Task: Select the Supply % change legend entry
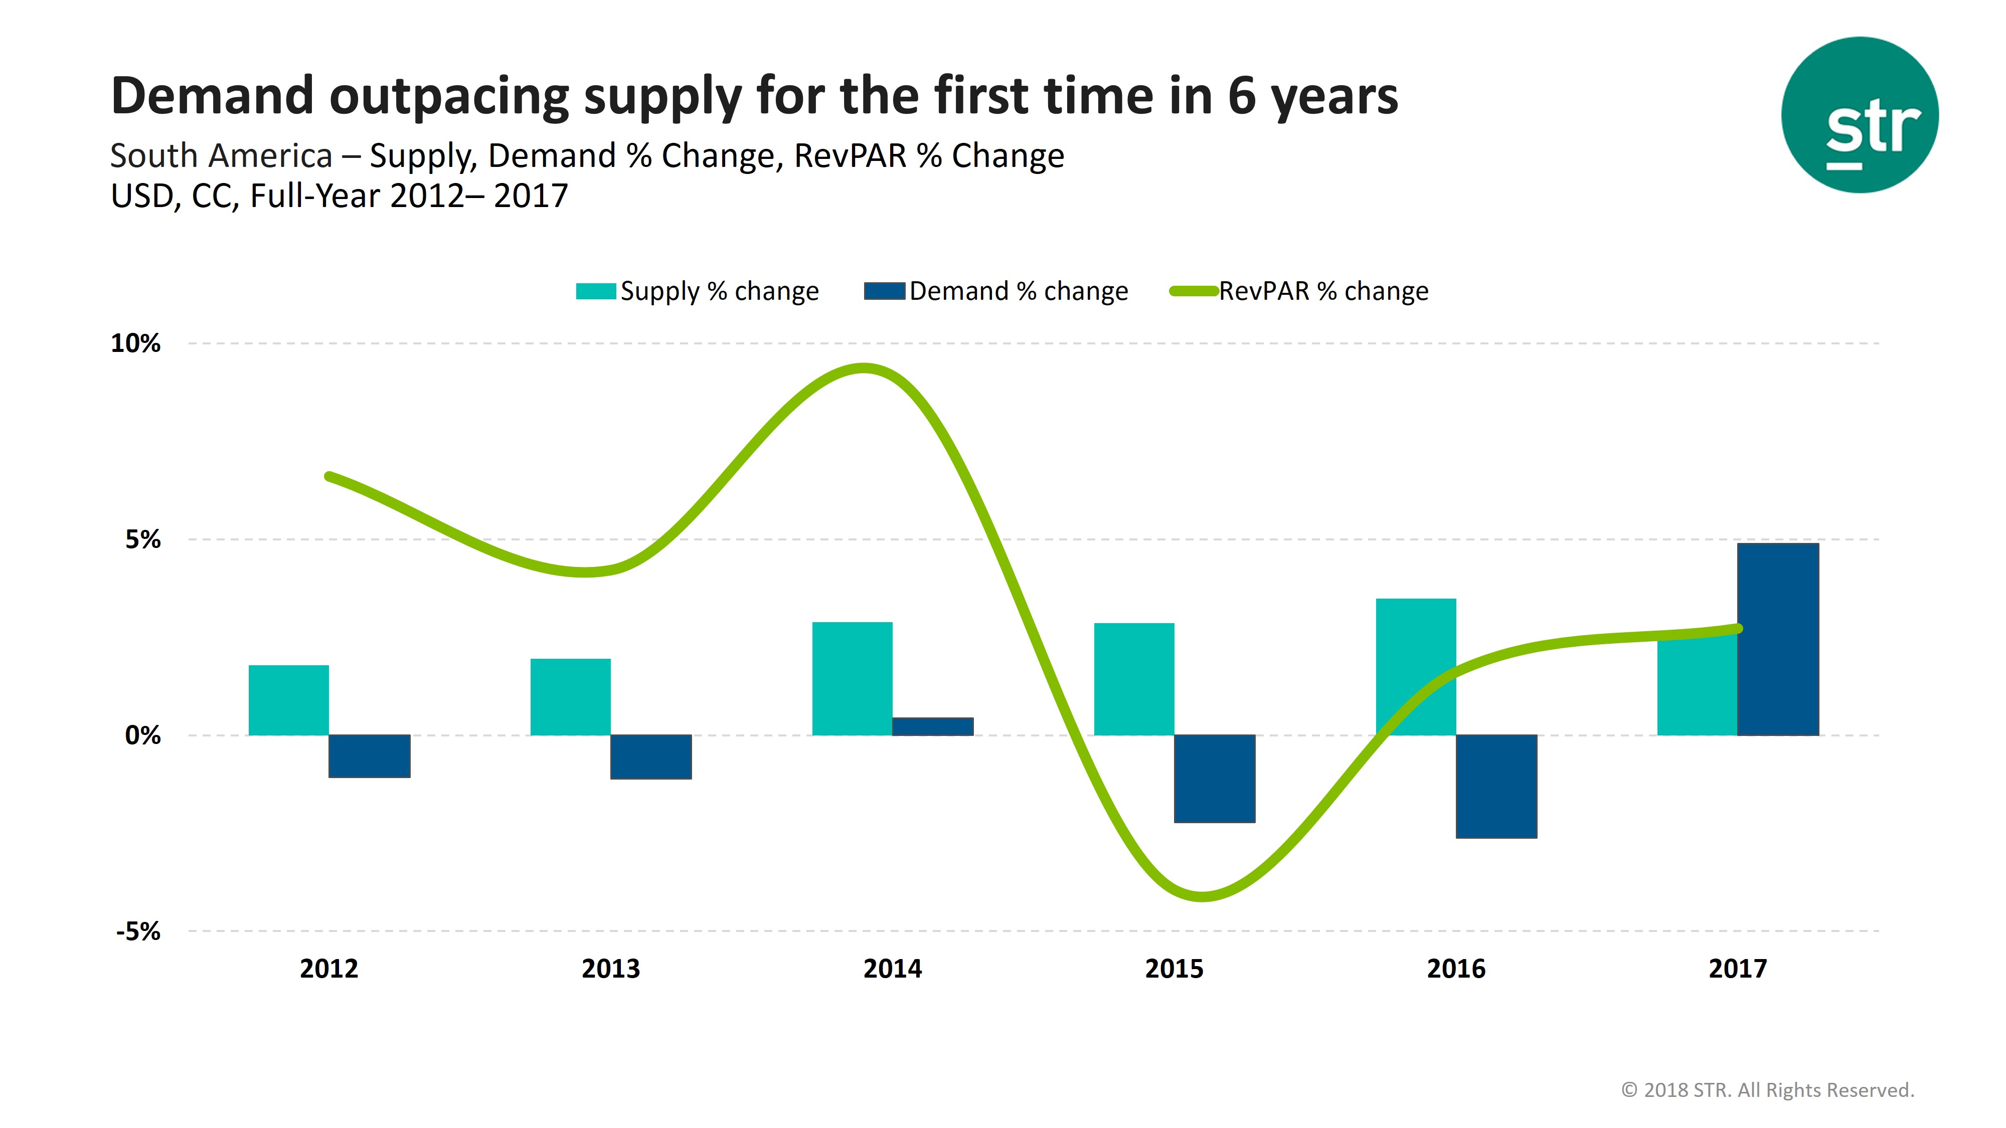(697, 291)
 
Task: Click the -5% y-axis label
(138, 931)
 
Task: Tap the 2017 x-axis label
(1737, 969)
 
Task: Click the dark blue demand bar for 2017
(1778, 638)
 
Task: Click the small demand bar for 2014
(932, 726)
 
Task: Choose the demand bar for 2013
(650, 756)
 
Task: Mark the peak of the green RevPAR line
(863, 367)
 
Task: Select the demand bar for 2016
(1496, 786)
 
